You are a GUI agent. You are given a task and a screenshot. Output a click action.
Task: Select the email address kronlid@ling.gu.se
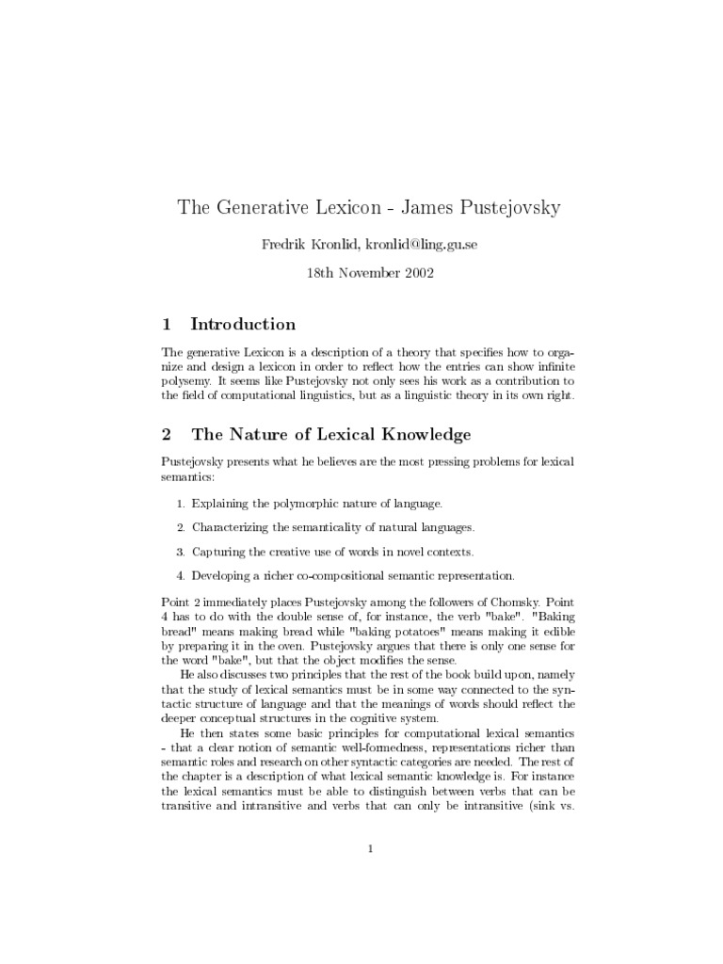point(409,245)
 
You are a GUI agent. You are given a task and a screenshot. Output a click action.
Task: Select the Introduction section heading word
point(243,325)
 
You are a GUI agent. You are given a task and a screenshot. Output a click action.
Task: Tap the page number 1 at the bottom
point(372,849)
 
